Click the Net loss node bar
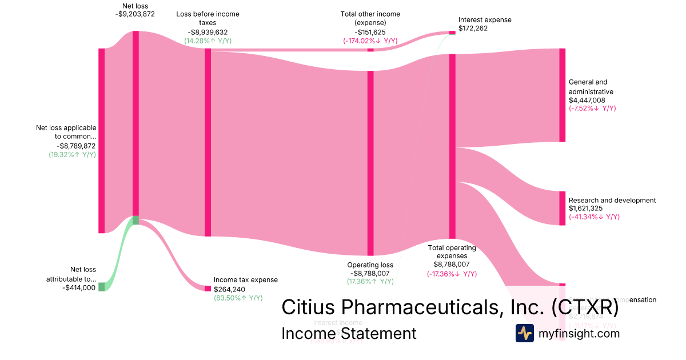[135, 123]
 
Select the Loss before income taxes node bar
[208, 142]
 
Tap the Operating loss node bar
[370, 163]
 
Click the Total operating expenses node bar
[452, 146]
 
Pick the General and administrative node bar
[562, 95]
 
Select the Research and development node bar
[562, 208]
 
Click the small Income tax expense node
[208, 288]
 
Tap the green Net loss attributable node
[102, 287]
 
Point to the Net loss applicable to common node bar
[102, 141]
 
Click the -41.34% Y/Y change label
[594, 217]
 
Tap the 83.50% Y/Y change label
[238, 298]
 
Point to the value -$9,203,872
[135, 15]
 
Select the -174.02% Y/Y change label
[370, 41]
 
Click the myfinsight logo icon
[524, 333]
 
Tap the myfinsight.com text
[578, 333]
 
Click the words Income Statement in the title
[349, 333]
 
